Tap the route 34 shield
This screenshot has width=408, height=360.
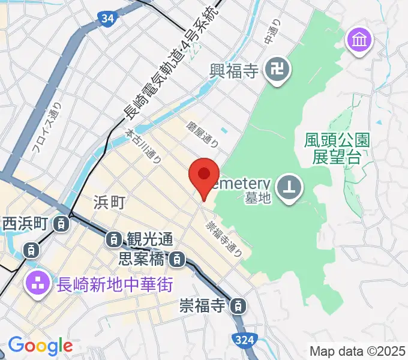pos(107,19)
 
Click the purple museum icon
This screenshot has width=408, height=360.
pos(360,41)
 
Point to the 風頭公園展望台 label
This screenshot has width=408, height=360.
pos(336,149)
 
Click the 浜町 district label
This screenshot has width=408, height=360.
pos(110,202)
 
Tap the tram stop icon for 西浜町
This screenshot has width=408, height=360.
pos(61,224)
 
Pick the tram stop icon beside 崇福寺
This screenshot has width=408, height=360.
pos(239,306)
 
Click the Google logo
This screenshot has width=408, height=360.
pos(40,346)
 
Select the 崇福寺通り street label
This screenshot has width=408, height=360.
pos(223,238)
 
